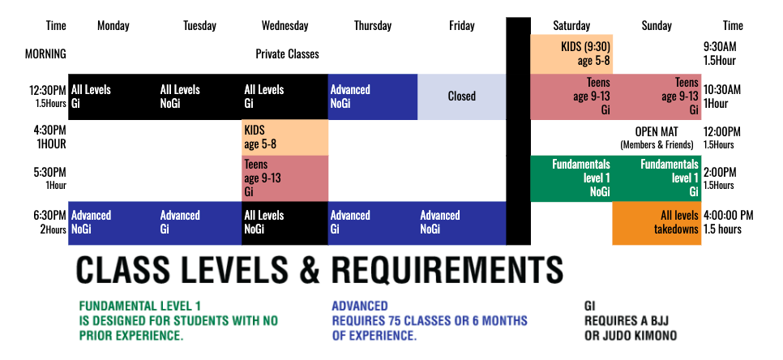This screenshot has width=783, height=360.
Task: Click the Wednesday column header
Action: pos(285,26)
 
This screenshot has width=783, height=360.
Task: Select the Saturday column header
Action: pos(571,26)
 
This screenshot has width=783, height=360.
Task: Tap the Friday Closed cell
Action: pos(462,96)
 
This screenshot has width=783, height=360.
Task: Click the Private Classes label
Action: pos(287,54)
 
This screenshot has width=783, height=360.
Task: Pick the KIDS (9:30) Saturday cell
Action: pos(571,52)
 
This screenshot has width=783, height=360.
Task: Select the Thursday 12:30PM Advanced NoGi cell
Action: pos(372,96)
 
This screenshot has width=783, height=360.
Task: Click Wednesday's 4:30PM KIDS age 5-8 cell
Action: pos(285,137)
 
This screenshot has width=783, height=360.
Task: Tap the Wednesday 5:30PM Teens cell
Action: pos(285,178)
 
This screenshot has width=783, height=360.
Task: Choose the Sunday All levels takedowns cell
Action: pos(657,222)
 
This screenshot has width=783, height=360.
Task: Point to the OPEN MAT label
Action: pos(657,131)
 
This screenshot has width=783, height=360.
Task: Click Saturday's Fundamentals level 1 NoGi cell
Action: pos(571,178)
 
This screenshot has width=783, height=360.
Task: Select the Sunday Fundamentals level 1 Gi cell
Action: pos(657,178)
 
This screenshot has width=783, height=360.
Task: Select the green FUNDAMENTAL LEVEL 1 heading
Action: pos(139,307)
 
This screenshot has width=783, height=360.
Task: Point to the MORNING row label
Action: pos(45,54)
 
